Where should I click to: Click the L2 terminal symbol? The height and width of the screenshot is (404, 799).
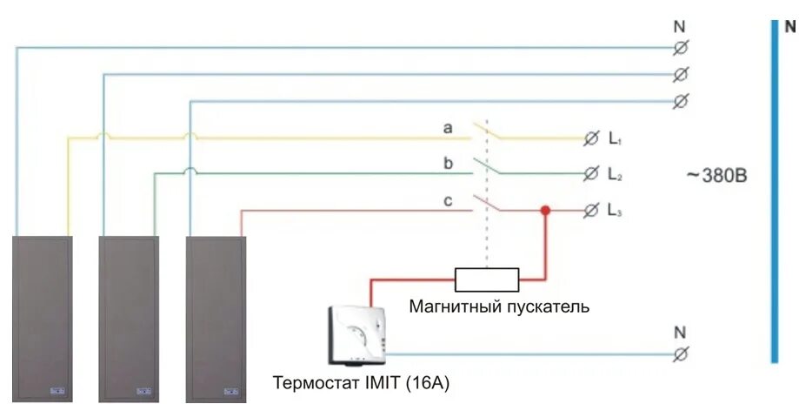pyautogui.click(x=590, y=174)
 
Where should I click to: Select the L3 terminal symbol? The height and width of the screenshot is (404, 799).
pyautogui.click(x=590, y=210)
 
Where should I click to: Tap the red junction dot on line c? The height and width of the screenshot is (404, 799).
pyautogui.click(x=546, y=210)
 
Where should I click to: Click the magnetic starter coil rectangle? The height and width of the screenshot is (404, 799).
pyautogui.click(x=487, y=279)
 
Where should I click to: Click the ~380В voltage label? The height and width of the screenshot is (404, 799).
pyautogui.click(x=716, y=175)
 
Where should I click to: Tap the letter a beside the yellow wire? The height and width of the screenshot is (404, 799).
pyautogui.click(x=449, y=128)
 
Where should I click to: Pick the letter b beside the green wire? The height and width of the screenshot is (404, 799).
pyautogui.click(x=449, y=164)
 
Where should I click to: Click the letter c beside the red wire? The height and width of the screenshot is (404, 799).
pyautogui.click(x=449, y=200)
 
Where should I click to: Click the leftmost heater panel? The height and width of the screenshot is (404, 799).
pyautogui.click(x=42, y=318)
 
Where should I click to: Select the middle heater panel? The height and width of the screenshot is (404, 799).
pyautogui.click(x=129, y=318)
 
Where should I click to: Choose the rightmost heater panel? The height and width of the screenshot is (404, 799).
pyautogui.click(x=216, y=318)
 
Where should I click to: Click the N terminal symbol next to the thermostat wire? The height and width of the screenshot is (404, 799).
pyautogui.click(x=681, y=353)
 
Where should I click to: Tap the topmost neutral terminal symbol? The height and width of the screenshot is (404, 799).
pyautogui.click(x=681, y=47)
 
